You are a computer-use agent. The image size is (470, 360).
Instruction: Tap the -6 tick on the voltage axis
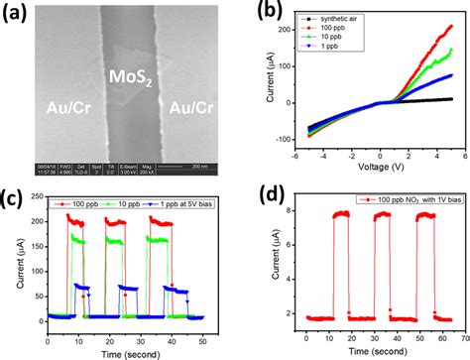(x=302, y=157)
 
